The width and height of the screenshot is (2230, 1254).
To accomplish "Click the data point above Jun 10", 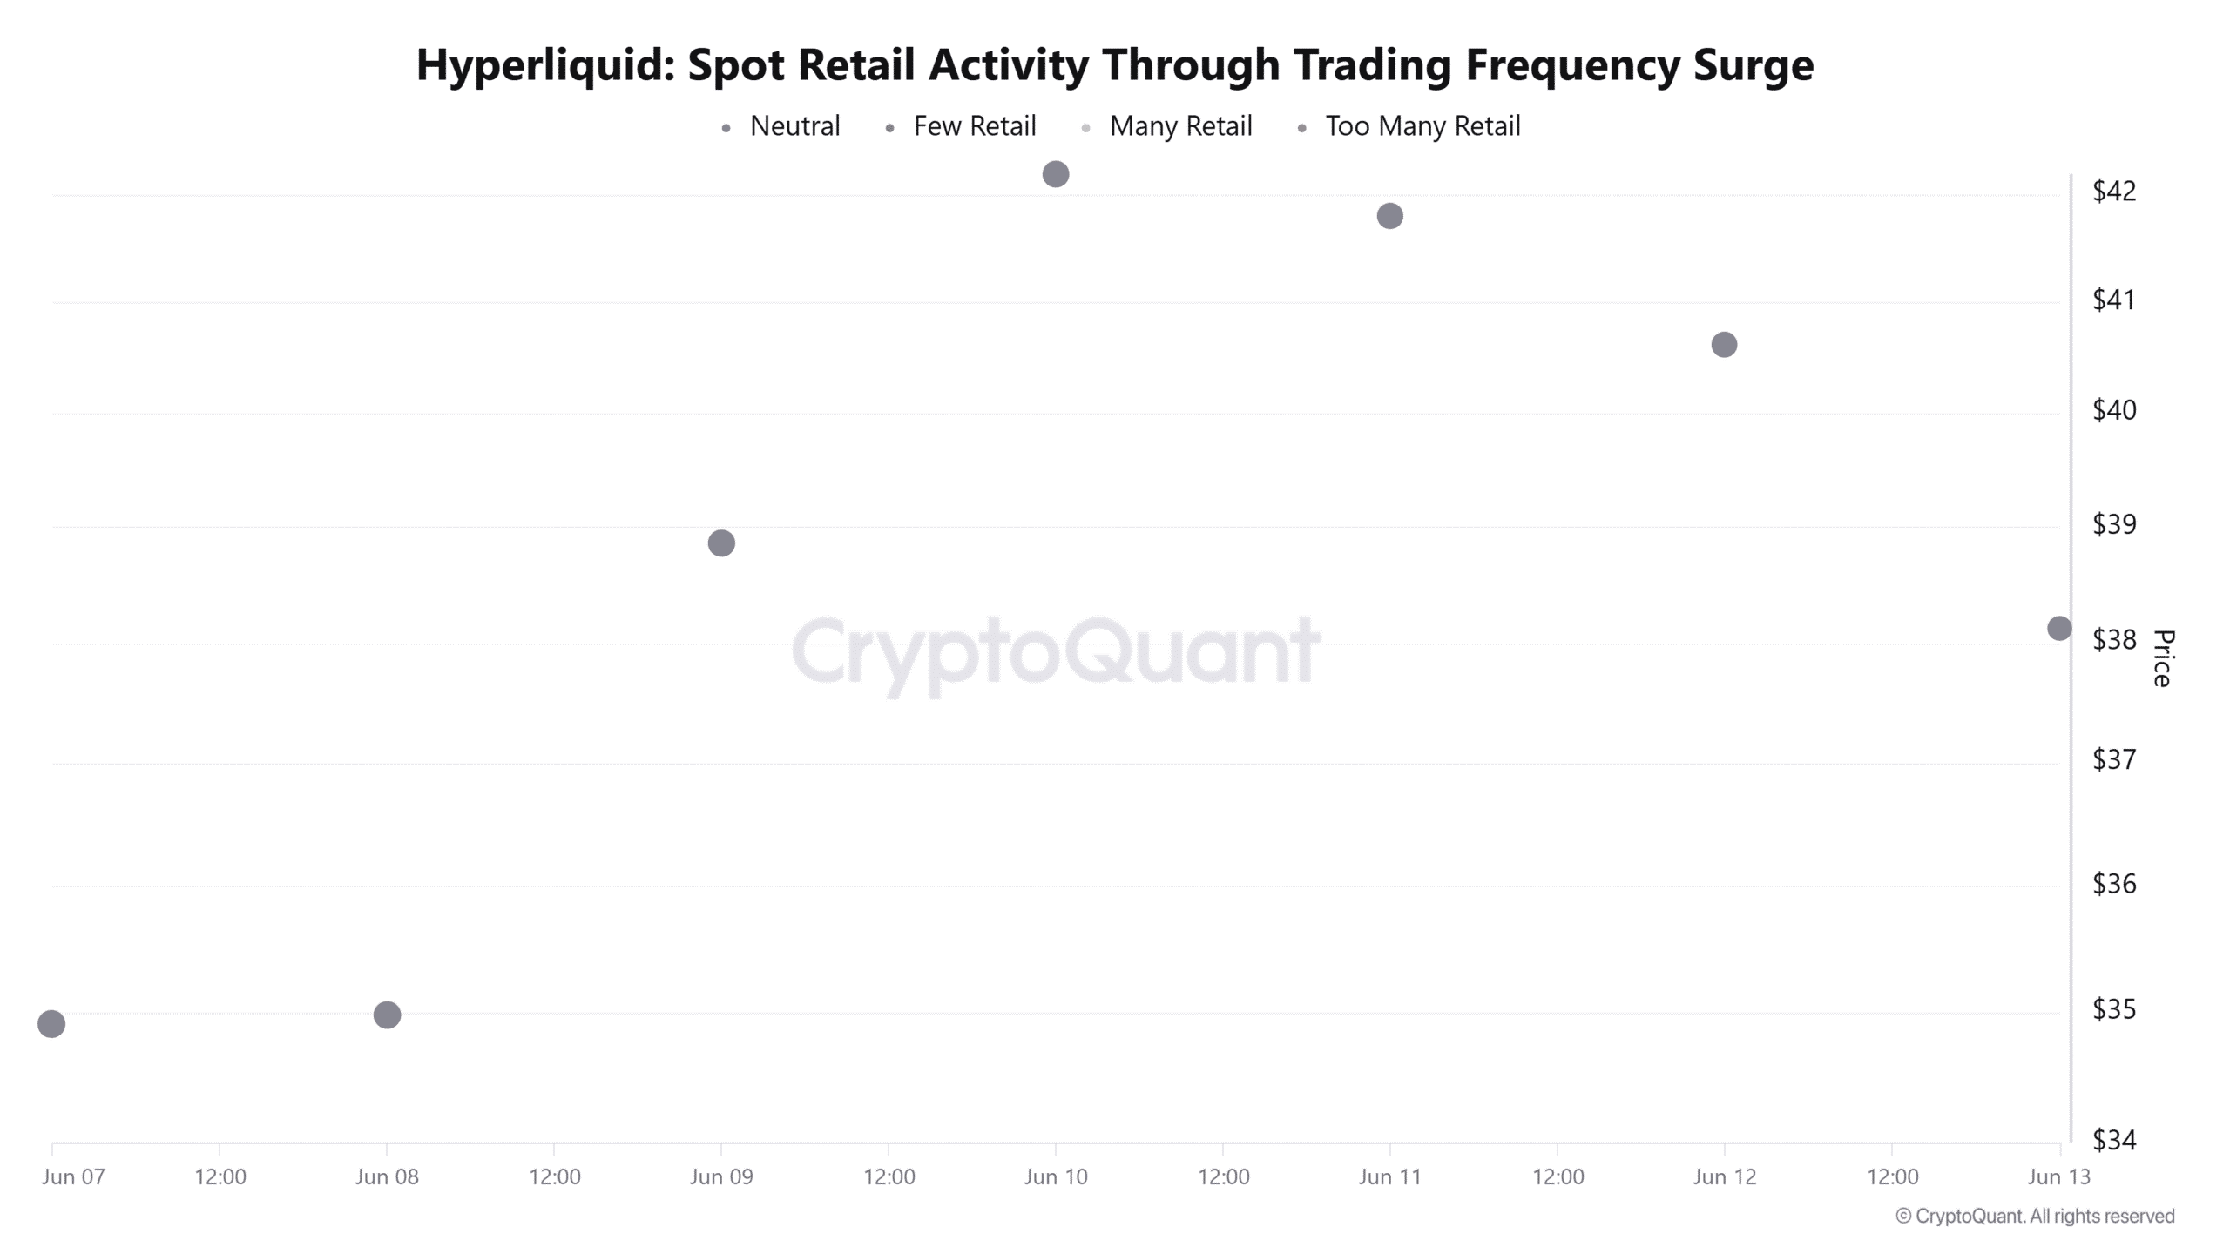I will tap(1055, 174).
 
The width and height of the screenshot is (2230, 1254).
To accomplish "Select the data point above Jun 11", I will tap(1389, 216).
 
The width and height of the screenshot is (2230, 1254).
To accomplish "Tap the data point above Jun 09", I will tap(721, 543).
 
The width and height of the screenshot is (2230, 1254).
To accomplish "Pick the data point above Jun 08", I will tap(387, 1015).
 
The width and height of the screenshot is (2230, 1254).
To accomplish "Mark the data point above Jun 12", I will tap(1724, 345).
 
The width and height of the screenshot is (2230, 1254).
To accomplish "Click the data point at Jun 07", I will tap(51, 1024).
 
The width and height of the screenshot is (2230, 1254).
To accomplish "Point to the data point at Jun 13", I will tap(2059, 628).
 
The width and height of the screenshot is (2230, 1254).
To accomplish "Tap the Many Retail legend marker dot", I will tap(1085, 129).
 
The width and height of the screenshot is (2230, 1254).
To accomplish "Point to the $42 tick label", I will tap(2114, 191).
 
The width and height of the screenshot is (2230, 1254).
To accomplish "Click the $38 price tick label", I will tap(2114, 640).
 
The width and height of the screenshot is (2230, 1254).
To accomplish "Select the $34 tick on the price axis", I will tap(2114, 1140).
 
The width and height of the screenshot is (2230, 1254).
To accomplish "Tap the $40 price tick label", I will tap(2114, 410).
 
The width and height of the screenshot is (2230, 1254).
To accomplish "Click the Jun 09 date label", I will tap(721, 1177).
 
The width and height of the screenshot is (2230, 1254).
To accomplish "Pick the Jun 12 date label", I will tap(1724, 1177).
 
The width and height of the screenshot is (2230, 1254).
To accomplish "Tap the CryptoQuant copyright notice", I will tap(2035, 1217).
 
